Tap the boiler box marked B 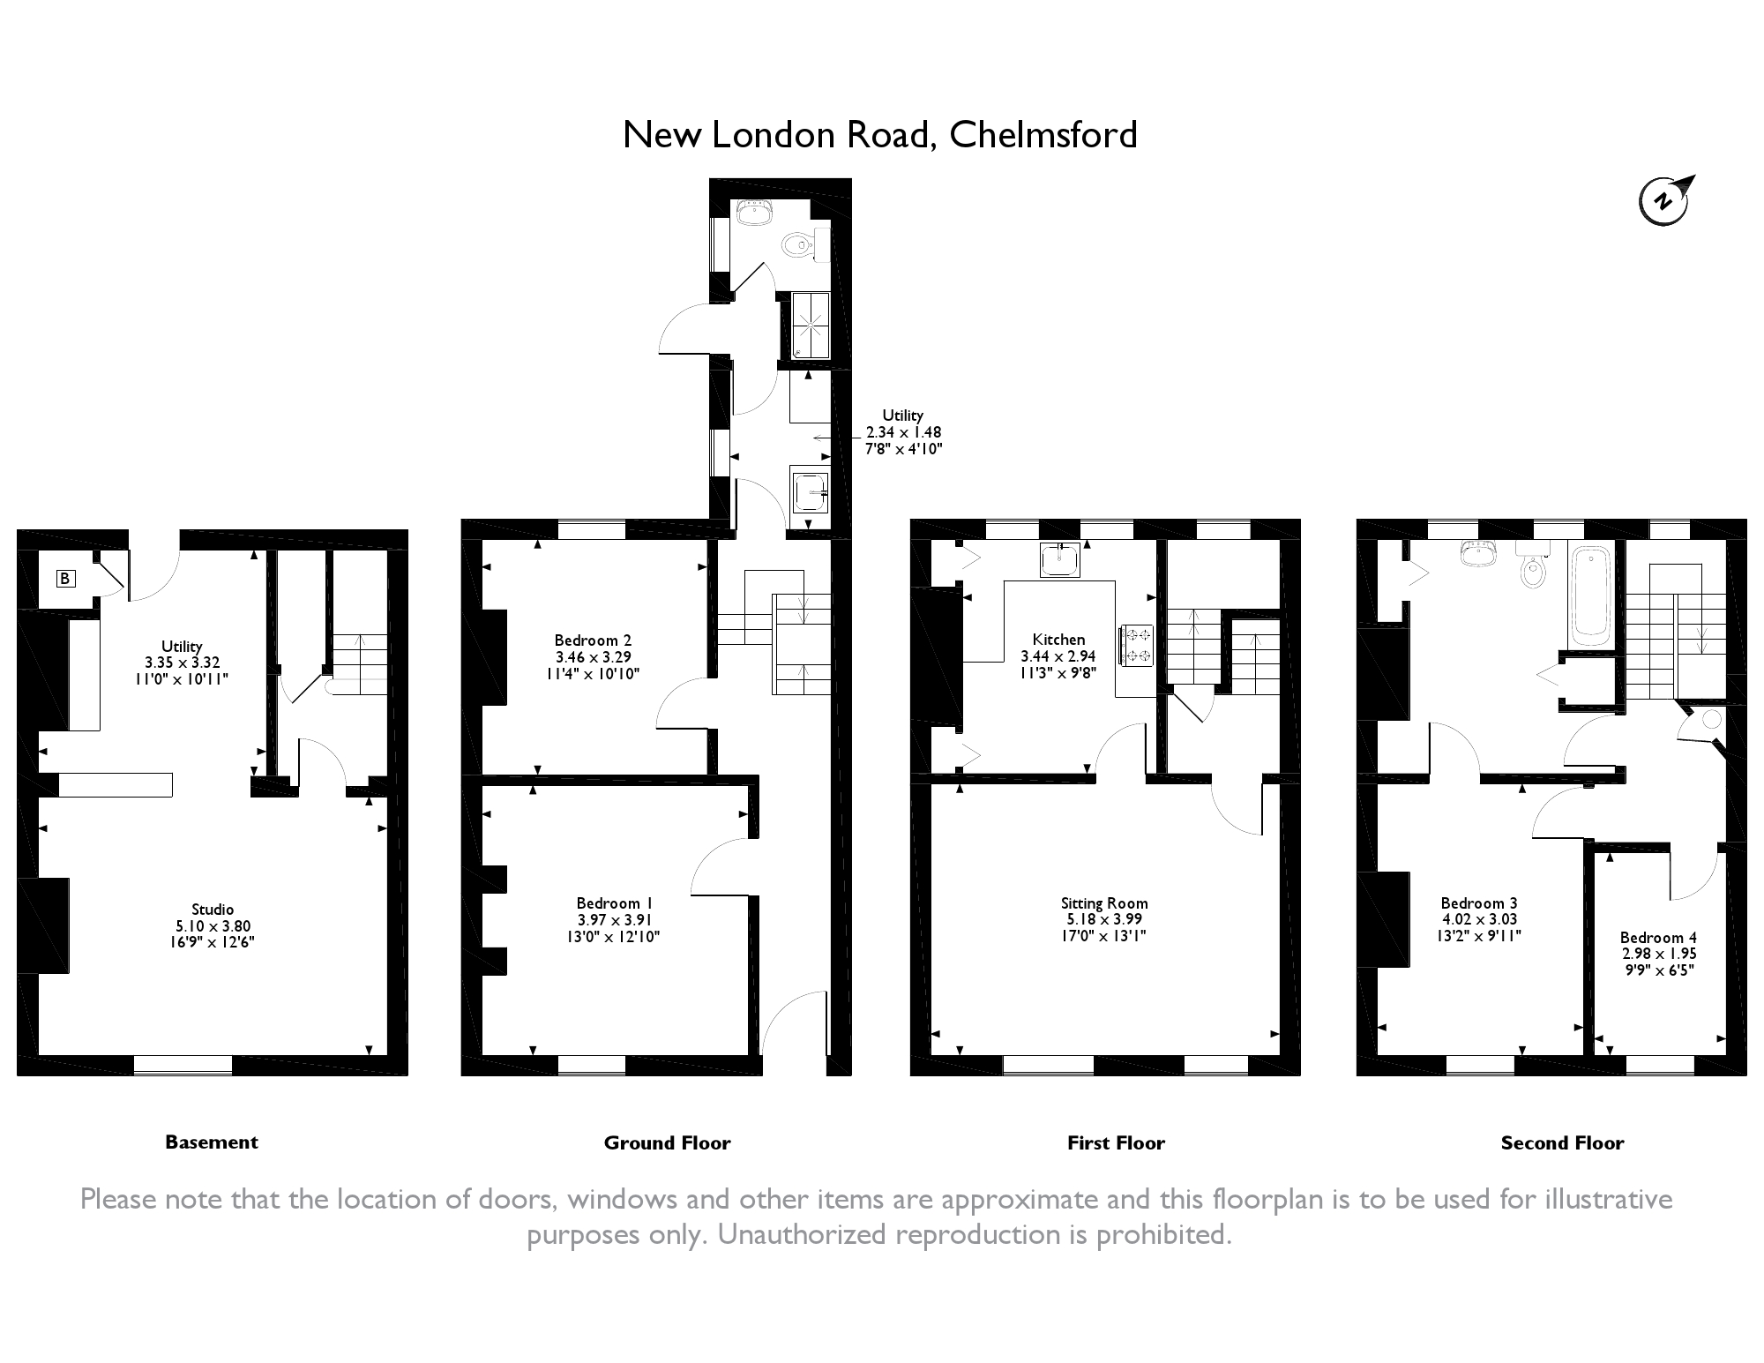(x=64, y=579)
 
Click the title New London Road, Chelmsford (x=880, y=135)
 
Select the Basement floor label (x=212, y=1142)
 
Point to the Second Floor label (x=1562, y=1142)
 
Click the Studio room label (x=213, y=910)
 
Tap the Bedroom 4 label (x=1658, y=938)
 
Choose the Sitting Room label (x=1104, y=903)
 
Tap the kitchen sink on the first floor (x=1059, y=559)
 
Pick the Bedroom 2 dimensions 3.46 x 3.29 (x=594, y=657)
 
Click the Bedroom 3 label (x=1479, y=903)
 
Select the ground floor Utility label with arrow (x=902, y=416)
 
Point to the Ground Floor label (x=668, y=1142)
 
